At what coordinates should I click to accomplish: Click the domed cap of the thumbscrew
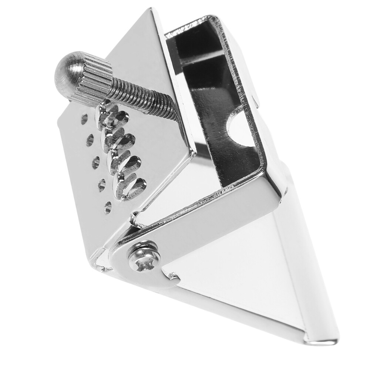click(65, 72)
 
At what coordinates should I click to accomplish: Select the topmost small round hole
click(84, 119)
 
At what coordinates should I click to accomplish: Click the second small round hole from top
click(90, 139)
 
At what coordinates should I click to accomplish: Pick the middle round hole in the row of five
click(95, 162)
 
